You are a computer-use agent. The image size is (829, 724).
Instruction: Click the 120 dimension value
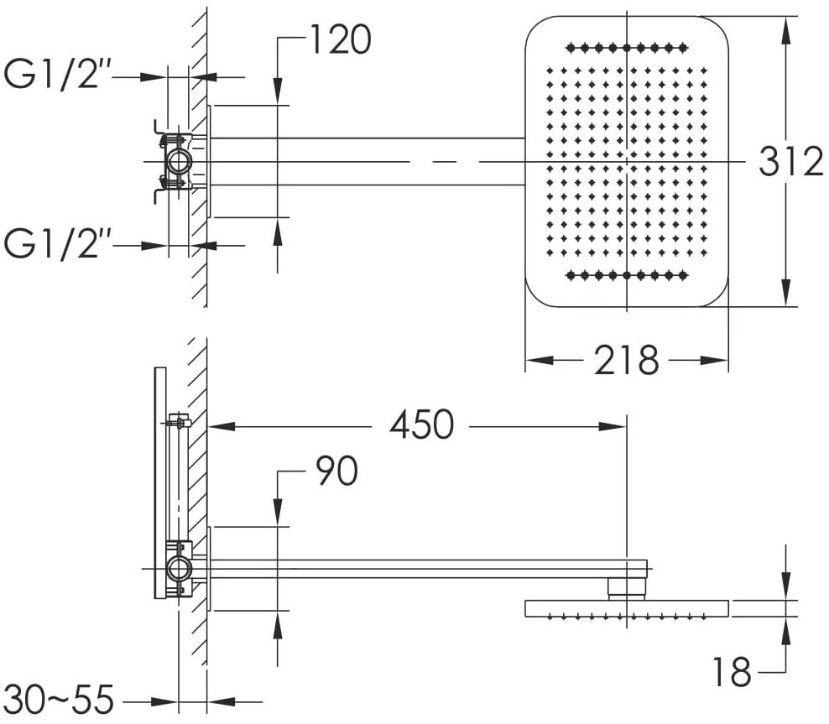pos(341,39)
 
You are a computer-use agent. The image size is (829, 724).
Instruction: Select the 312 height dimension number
pos(791,161)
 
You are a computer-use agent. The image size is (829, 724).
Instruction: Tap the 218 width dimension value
pos(627,361)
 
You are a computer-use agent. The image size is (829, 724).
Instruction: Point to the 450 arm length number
pos(422,425)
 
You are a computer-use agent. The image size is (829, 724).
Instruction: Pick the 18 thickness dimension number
pos(732,672)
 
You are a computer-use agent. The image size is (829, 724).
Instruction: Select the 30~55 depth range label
pos(59,701)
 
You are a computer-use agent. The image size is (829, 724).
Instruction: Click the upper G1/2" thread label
pos(57,74)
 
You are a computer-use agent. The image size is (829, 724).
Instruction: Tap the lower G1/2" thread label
pos(57,243)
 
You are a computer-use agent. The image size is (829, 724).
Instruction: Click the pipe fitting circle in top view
pos(179,161)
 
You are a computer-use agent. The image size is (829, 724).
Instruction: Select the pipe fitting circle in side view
pos(179,569)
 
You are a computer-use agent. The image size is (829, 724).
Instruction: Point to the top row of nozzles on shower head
pos(627,48)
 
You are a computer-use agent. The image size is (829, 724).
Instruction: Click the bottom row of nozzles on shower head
pos(627,275)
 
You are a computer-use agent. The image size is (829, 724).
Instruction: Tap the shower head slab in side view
pos(627,608)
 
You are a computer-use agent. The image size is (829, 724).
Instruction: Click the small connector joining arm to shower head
pos(627,589)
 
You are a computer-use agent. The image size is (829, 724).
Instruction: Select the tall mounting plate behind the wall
pos(160,482)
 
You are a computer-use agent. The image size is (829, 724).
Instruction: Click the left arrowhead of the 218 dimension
pos(539,361)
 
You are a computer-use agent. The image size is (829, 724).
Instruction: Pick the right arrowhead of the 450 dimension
pos(613,426)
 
